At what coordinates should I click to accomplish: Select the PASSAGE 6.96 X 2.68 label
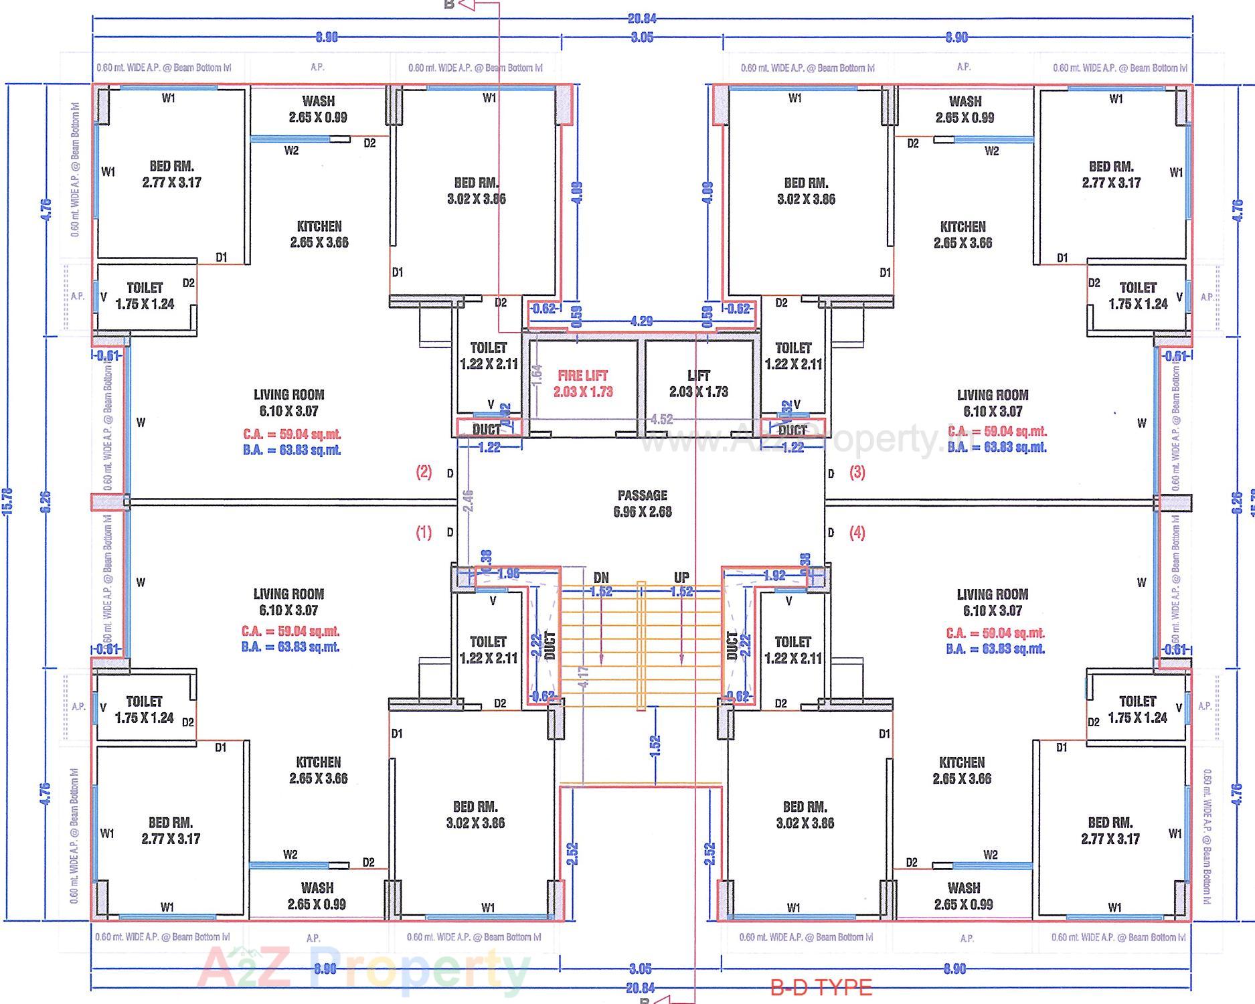[642, 503]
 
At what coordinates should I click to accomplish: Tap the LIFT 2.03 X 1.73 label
[698, 384]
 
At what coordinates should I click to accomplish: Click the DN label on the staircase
[601, 578]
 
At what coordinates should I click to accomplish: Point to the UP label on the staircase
[681, 578]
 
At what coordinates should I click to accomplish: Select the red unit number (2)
[424, 472]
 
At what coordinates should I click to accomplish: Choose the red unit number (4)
[857, 533]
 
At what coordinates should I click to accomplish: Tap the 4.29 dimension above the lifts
[641, 321]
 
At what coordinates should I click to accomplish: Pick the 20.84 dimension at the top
[641, 19]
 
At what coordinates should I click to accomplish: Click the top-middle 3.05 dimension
[641, 37]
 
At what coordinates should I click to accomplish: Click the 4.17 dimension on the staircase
[584, 677]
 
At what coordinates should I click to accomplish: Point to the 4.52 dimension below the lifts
[661, 420]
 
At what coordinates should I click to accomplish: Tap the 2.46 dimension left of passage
[468, 501]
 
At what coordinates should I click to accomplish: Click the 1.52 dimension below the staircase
[655, 746]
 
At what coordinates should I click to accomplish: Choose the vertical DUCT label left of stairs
[550, 646]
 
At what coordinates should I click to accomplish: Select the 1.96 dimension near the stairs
[508, 574]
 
